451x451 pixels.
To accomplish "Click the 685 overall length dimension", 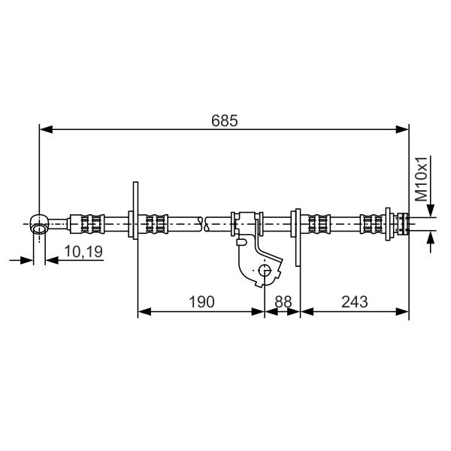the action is point(224,121).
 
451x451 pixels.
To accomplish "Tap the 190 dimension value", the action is point(201,302).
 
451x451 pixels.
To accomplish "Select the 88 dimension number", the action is point(283,302).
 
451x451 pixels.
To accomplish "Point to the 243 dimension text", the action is point(354,302).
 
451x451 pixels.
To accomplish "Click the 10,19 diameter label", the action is point(83,251).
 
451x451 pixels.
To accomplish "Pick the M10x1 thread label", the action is point(422,179).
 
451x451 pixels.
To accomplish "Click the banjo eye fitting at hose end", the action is point(39,223).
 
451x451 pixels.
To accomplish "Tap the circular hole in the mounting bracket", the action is point(265,271).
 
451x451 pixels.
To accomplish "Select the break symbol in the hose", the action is point(205,224).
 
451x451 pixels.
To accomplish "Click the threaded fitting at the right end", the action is point(403,224).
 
